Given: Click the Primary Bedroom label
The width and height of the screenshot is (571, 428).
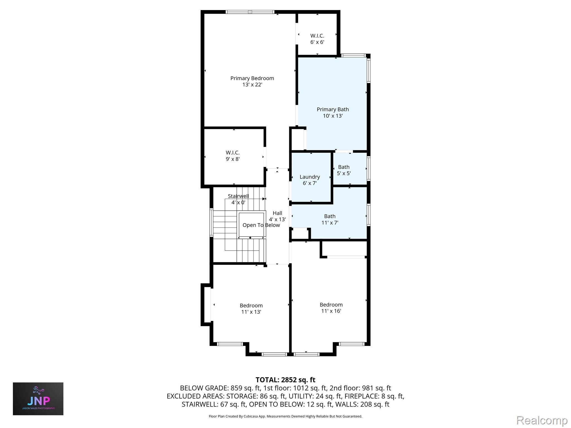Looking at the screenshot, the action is pos(252,78).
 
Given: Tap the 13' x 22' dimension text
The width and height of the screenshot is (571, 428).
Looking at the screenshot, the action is pos(252,84).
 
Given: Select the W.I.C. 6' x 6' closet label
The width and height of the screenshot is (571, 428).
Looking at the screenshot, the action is pos(317,39).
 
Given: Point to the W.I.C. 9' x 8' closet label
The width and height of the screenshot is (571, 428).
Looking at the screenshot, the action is pos(233,156).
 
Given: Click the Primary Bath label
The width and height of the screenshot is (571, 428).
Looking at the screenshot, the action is pos(333,110).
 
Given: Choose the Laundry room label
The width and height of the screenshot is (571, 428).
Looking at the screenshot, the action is pos(310,177).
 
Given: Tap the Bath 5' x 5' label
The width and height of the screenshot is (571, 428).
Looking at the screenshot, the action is pos(344,170).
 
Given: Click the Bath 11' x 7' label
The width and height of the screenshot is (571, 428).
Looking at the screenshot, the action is pos(330,219).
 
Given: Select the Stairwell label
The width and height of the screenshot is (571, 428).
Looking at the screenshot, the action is pos(238,196).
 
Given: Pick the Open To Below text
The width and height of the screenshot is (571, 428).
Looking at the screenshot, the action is pos(261,225).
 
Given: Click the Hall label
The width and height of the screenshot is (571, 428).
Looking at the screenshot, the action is pos(277,213).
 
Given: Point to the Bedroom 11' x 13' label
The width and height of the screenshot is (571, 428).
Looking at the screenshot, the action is pos(251,308).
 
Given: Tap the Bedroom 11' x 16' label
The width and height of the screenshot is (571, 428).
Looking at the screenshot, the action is pos(331,308).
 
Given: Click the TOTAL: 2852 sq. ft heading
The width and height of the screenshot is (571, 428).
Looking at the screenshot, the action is pos(285,380).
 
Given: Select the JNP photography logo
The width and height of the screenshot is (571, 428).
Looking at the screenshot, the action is pos(38,399).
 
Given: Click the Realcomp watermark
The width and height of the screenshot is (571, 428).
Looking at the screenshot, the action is pos(542,420).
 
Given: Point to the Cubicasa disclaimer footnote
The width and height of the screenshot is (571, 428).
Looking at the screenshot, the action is pos(285,416).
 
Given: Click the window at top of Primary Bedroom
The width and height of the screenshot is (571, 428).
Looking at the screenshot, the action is pos(250,12).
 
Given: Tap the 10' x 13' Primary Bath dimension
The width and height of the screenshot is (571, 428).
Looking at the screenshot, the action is pos(333,116).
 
